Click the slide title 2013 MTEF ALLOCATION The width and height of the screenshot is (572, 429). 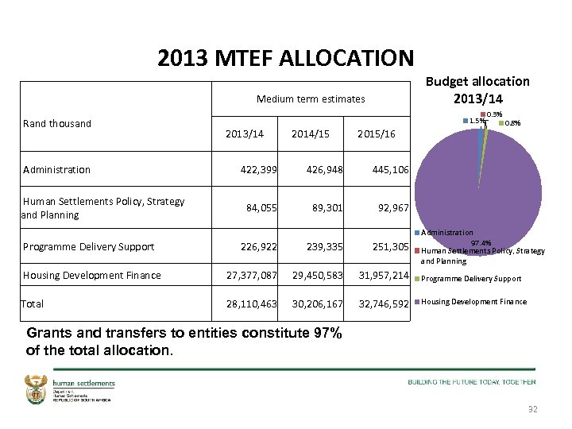coord(286,58)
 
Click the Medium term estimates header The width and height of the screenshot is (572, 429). coord(311,99)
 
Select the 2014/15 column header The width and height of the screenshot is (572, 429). coord(311,133)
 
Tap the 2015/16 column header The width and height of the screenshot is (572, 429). coord(377,133)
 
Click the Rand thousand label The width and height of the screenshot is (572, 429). coord(57,123)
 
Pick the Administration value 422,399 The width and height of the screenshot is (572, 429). coord(258,169)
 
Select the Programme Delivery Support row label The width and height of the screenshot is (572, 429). coord(89,246)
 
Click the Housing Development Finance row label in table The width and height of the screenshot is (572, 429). coord(92,275)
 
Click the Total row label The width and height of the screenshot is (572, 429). coord(33,303)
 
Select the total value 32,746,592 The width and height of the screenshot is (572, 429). coord(383,303)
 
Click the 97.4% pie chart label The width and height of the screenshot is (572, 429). coord(481,242)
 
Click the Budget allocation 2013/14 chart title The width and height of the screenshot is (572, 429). coord(477,90)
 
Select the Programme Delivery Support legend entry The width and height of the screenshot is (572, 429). coord(470,279)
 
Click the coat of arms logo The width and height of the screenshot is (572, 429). coord(37,389)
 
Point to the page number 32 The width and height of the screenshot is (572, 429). coord(532,408)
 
